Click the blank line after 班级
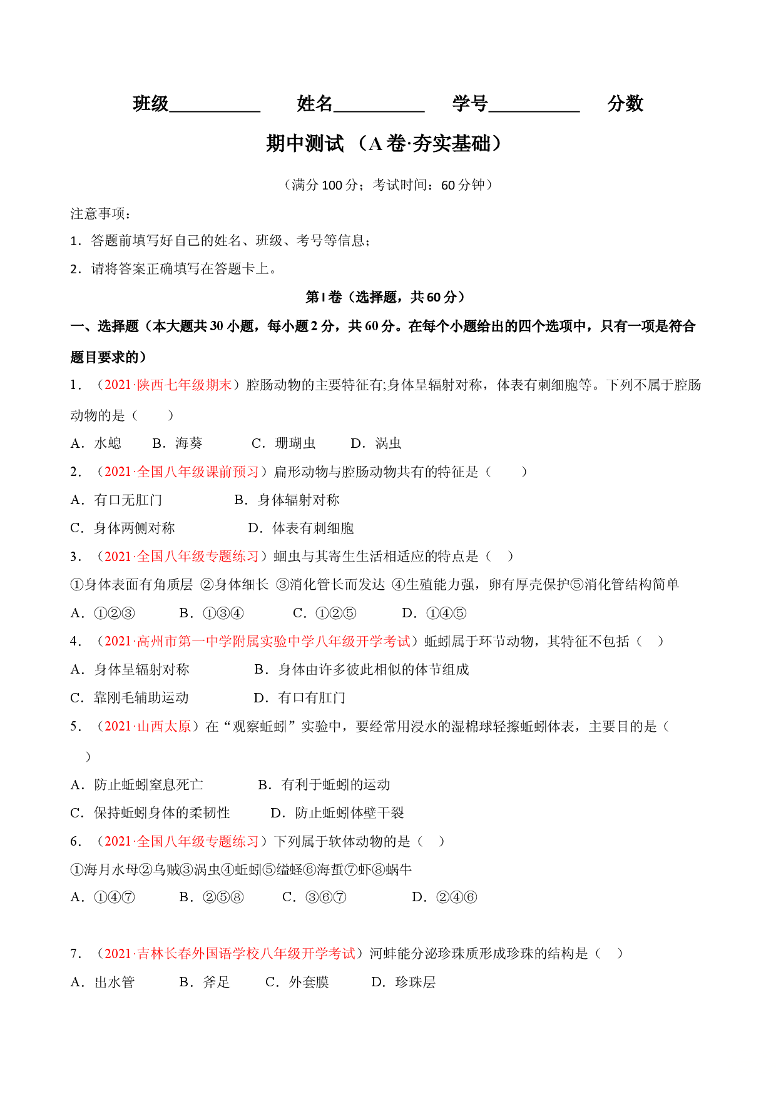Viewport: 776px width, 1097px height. (215, 111)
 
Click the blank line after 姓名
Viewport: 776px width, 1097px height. (379, 111)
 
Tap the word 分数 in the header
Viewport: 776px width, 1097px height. (625, 103)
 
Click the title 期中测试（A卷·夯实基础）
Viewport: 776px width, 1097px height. (384, 144)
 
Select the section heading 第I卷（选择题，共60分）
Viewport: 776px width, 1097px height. (385, 297)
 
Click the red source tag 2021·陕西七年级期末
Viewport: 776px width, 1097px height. (168, 385)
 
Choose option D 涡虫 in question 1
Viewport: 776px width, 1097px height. (375, 443)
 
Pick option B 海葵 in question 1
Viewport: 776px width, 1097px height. (177, 443)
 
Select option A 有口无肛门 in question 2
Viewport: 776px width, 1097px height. (116, 500)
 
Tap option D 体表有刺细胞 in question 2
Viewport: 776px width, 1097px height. (301, 528)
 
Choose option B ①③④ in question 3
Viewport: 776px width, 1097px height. (211, 614)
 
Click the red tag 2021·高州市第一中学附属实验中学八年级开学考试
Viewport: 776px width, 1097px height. (257, 641)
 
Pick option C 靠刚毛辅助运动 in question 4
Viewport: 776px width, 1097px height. (130, 698)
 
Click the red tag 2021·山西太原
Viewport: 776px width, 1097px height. (148, 726)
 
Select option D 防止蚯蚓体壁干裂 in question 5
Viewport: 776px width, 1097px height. (337, 813)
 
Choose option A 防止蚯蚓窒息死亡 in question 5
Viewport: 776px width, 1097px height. (136, 785)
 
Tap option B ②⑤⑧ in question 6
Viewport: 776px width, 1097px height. (211, 897)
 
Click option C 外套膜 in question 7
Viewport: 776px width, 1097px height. (297, 983)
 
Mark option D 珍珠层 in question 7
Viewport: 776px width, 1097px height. (403, 983)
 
